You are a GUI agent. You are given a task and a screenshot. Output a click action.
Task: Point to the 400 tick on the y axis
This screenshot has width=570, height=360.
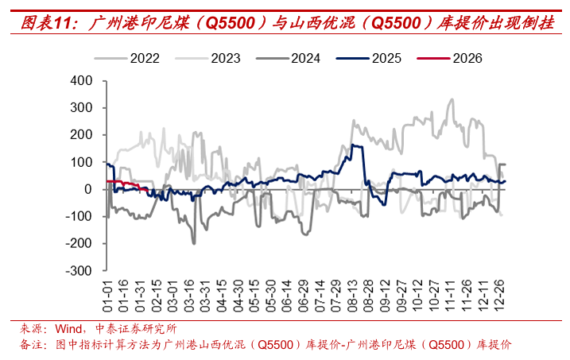(83, 81)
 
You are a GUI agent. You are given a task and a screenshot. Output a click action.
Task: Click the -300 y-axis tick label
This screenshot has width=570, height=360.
(80, 270)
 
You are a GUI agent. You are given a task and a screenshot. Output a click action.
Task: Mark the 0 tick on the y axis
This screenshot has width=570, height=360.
(90, 189)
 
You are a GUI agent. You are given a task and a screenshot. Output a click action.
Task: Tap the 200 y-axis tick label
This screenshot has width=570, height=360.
(83, 135)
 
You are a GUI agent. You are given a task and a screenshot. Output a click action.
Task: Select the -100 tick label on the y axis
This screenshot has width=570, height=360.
(80, 216)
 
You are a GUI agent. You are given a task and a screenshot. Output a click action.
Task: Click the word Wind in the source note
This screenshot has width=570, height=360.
(68, 328)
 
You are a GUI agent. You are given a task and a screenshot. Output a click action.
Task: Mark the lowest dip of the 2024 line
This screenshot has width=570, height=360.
(193, 242)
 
